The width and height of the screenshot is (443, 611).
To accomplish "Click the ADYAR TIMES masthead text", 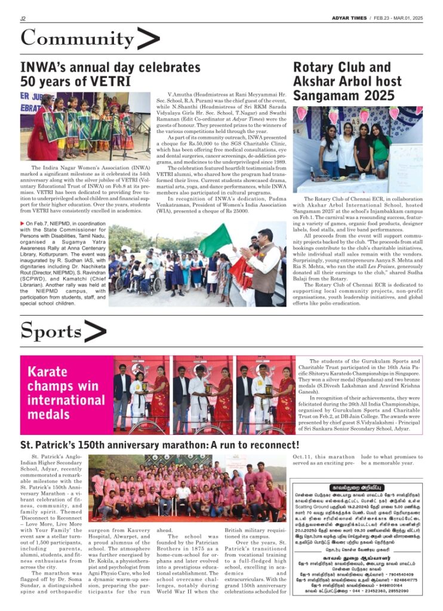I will point(349,18).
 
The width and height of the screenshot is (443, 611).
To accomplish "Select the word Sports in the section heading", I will point(51,330).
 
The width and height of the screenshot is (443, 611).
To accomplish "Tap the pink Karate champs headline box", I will point(66,394).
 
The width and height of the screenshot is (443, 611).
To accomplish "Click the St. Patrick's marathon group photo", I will point(187,488).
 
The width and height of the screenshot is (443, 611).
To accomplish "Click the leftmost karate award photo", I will point(141,394).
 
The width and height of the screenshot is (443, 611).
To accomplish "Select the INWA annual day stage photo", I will point(85,126).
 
